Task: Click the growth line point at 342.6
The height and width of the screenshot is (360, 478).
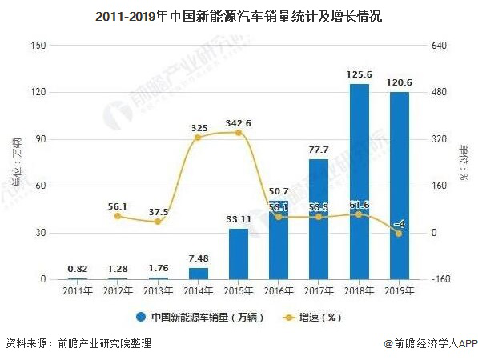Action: click(x=238, y=133)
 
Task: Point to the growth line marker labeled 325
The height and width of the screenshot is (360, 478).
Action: click(x=198, y=138)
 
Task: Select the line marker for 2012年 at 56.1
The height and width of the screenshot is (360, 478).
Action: click(x=117, y=216)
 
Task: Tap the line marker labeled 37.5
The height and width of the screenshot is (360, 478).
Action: click(x=157, y=222)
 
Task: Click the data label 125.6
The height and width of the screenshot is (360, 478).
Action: click(x=358, y=74)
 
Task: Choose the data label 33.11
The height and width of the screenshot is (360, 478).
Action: click(x=238, y=218)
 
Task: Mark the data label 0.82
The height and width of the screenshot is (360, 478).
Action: click(x=77, y=269)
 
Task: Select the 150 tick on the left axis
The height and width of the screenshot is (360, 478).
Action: click(x=37, y=46)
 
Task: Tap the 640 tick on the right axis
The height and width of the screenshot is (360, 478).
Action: click(x=440, y=46)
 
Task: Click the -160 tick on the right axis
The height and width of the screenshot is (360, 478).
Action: click(x=440, y=279)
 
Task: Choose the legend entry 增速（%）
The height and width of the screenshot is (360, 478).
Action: click(x=317, y=317)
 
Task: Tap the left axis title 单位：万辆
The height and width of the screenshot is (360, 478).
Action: click(x=12, y=163)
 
